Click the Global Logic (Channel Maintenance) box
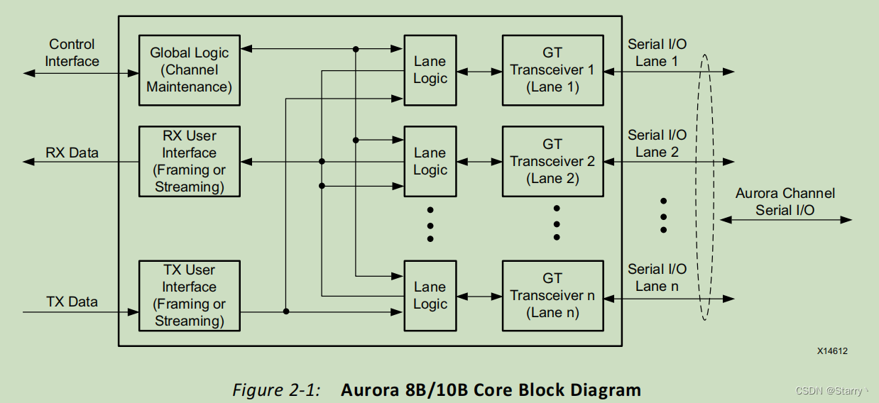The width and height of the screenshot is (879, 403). [x=190, y=70]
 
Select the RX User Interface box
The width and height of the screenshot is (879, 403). [x=190, y=161]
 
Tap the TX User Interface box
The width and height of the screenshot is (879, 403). [x=190, y=296]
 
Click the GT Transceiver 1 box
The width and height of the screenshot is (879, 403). [x=553, y=70]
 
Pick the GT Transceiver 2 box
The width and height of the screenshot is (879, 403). [x=553, y=161]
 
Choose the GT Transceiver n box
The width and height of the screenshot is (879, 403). [x=553, y=296]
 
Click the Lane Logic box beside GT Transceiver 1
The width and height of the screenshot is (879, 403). [x=430, y=70]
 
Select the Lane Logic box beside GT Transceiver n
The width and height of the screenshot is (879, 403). [x=430, y=296]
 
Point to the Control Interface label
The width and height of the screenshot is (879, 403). [x=72, y=53]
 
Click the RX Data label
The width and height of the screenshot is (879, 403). [x=72, y=153]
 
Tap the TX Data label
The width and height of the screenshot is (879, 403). [x=72, y=302]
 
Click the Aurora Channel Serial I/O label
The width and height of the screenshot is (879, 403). [x=785, y=201]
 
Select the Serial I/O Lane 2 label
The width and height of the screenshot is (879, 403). [x=657, y=143]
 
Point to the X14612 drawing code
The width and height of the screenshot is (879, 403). [x=832, y=351]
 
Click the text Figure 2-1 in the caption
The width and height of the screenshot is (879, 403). [x=276, y=390]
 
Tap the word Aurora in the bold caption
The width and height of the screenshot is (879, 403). [x=369, y=390]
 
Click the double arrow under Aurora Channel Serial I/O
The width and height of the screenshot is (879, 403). [x=785, y=220]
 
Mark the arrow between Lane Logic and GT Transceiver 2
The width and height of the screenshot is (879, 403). [x=479, y=162]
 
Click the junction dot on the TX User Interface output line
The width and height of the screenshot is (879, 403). [x=286, y=311]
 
